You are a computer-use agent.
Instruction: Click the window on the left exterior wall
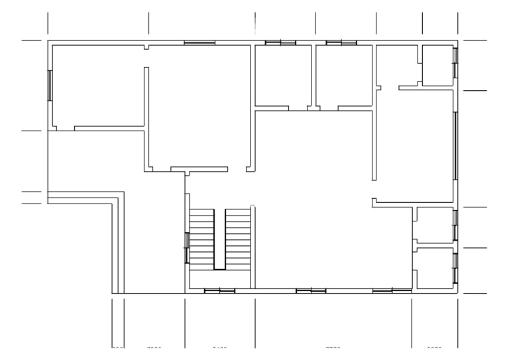50,85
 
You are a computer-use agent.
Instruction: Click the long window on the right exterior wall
455,145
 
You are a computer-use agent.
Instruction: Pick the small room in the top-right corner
437,65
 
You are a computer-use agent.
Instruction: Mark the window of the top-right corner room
455,62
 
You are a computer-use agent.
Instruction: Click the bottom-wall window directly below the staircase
219,290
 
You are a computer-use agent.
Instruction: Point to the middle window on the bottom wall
310,290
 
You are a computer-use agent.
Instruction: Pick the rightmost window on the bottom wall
392,290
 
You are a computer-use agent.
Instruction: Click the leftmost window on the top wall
199,43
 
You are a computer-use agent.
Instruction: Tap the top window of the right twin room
341,43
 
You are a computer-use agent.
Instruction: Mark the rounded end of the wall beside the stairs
253,208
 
